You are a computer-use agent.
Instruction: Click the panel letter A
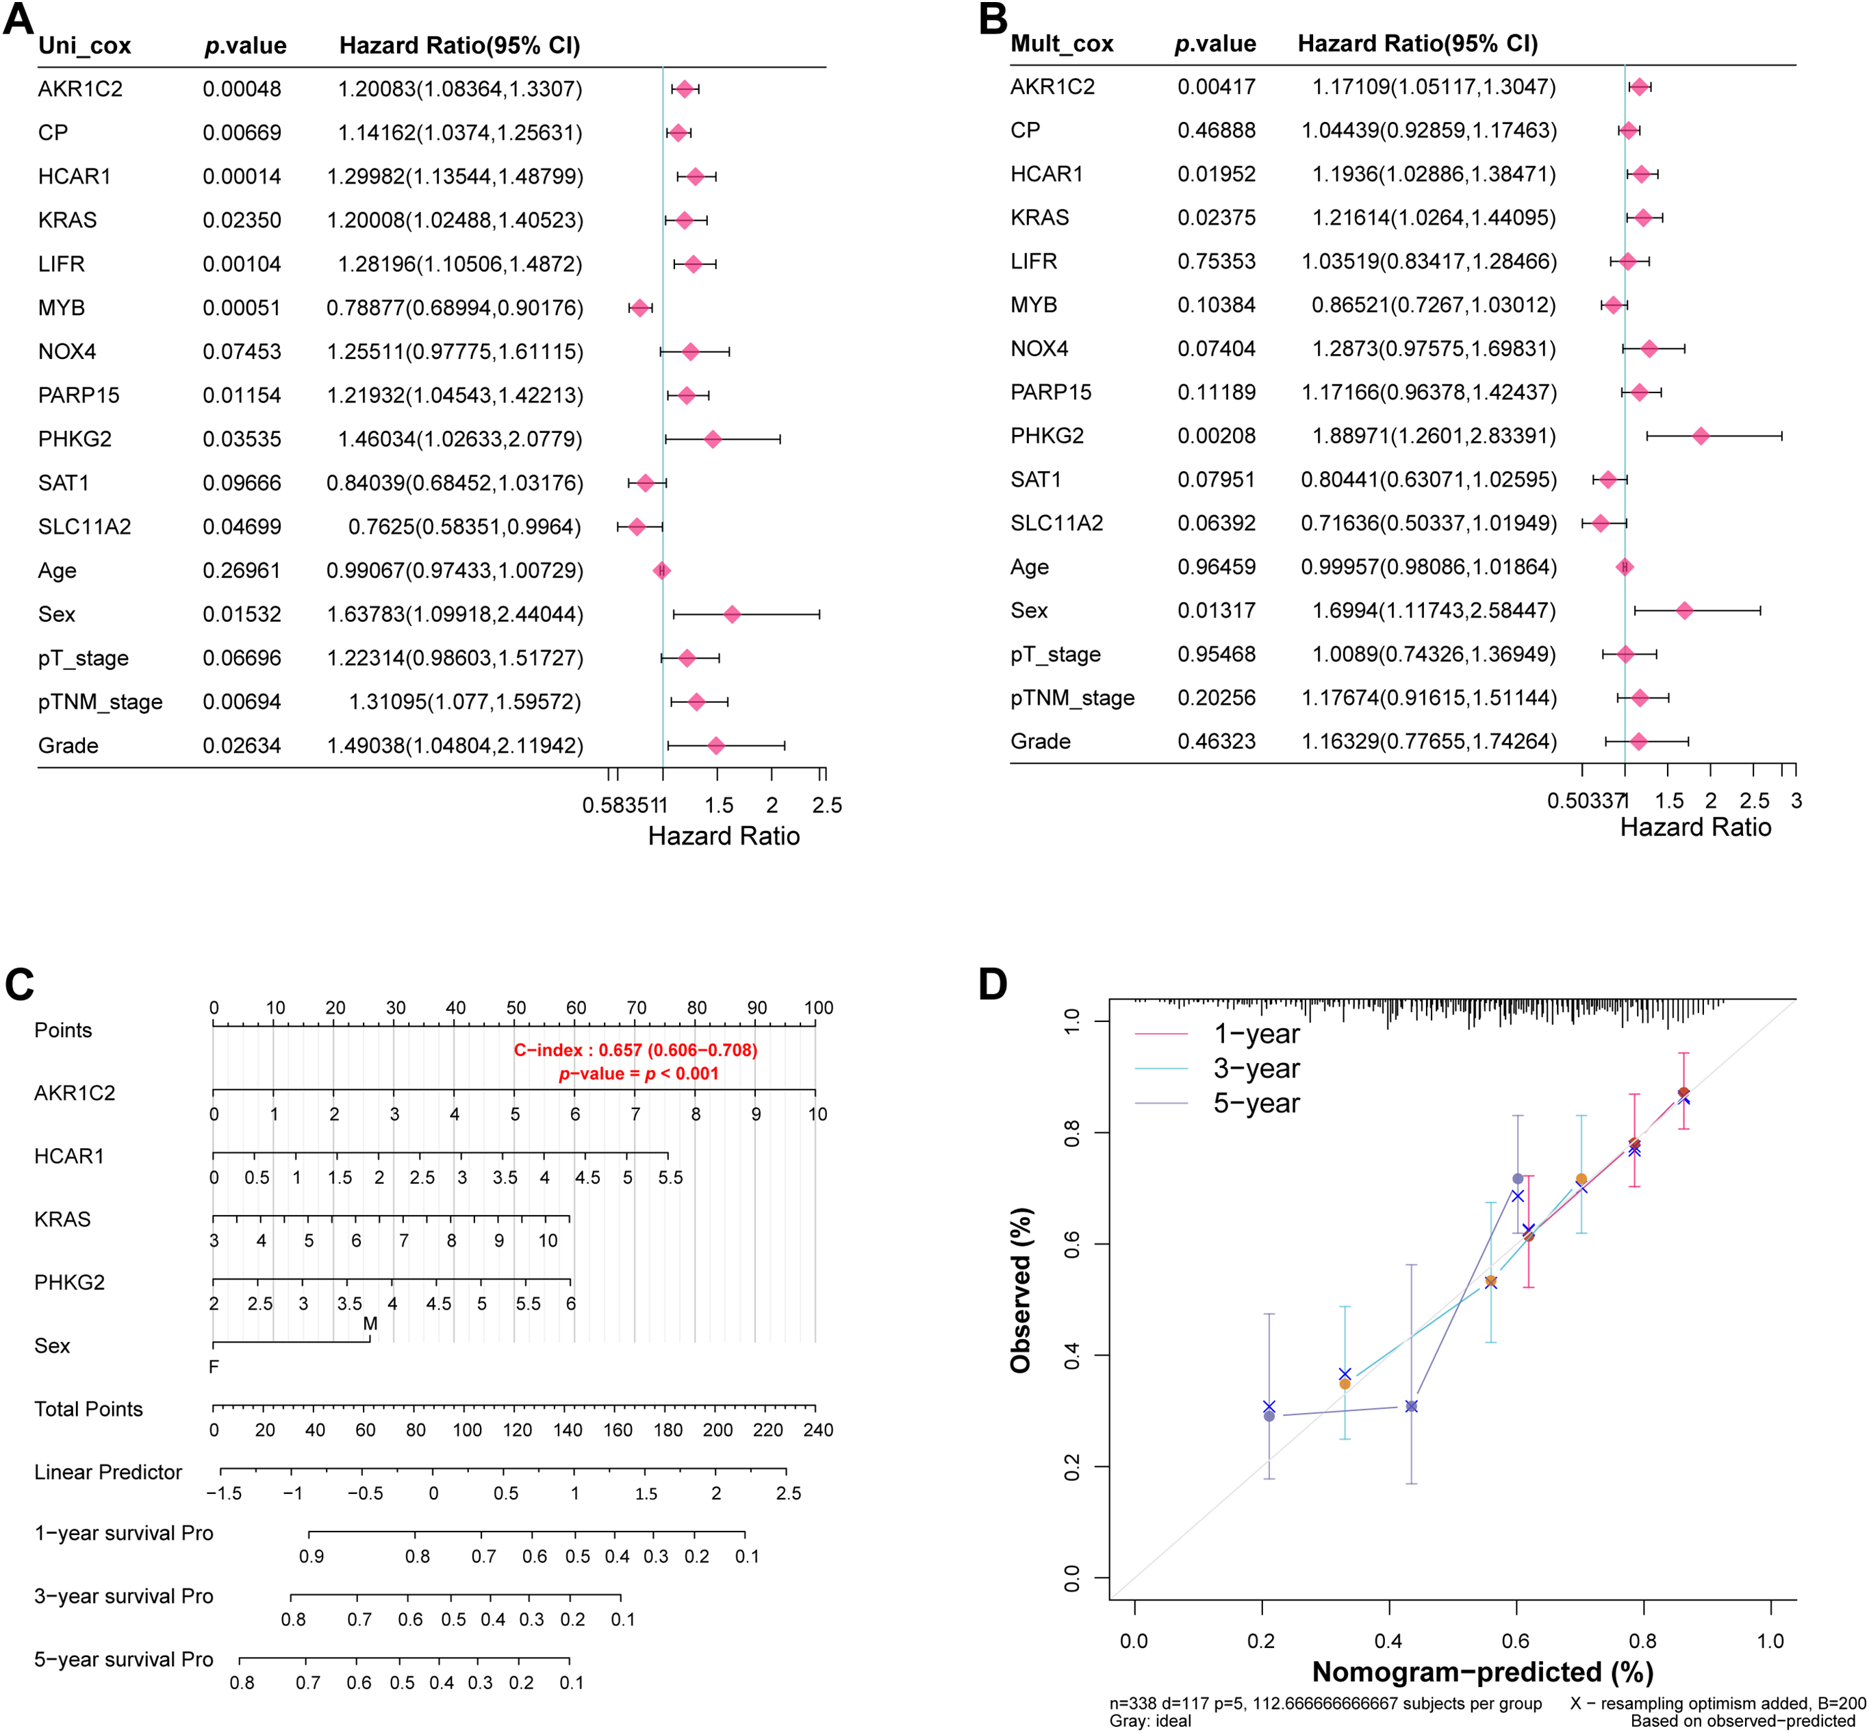[x=18, y=18]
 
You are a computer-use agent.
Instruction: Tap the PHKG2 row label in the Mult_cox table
[x=1047, y=436]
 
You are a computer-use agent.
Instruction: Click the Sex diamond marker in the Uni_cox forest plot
[x=732, y=614]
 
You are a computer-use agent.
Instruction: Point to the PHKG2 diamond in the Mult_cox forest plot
[x=1701, y=436]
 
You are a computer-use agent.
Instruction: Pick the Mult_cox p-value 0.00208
[x=1216, y=436]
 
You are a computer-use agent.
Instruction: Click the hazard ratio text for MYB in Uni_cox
[x=455, y=308]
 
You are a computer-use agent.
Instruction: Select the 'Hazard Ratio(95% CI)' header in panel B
[x=1417, y=44]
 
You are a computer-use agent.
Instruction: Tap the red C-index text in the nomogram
[x=635, y=1050]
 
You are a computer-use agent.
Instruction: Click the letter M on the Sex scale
[x=370, y=1324]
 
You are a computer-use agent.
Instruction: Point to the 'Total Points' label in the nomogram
[x=88, y=1410]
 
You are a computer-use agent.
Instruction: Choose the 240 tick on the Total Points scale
[x=818, y=1430]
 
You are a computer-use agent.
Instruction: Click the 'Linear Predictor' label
[x=107, y=1472]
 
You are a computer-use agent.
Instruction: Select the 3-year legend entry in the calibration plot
[x=1256, y=1069]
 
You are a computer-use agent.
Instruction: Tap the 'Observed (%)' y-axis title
[x=1021, y=1291]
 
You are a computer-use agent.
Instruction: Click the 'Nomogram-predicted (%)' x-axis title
[x=1482, y=1672]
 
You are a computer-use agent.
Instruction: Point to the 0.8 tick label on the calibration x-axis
[x=1642, y=1641]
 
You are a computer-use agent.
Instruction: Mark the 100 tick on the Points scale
[x=818, y=1008]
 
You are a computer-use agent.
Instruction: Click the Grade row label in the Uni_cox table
[x=68, y=747]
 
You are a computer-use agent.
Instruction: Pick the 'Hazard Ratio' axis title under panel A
[x=724, y=836]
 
